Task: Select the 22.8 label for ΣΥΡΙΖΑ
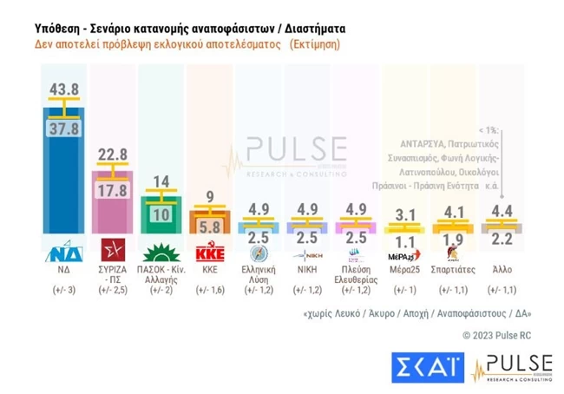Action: (x=114, y=154)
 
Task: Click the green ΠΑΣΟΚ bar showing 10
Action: (x=161, y=215)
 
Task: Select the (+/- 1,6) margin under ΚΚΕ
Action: (x=209, y=290)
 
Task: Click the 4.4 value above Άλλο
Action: (x=501, y=211)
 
